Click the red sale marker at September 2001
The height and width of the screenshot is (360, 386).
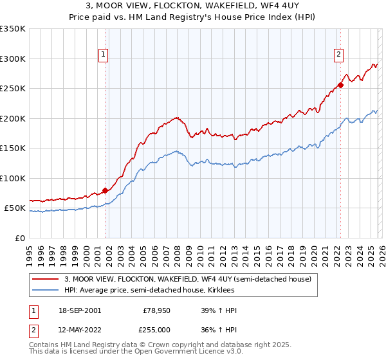105,190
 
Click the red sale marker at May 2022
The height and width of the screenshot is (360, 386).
341,85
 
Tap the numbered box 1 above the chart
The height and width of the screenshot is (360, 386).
103,55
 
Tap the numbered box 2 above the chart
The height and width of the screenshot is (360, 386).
338,55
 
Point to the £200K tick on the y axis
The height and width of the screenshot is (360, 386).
13,118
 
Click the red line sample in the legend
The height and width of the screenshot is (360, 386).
46,279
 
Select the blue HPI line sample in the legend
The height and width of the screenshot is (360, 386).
46,290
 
